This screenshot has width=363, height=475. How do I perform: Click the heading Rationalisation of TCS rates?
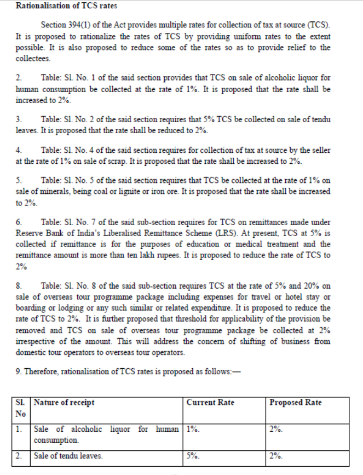coord(66,7)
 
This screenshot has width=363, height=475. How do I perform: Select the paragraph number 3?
coord(19,119)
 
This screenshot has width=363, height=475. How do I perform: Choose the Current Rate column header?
coord(210,403)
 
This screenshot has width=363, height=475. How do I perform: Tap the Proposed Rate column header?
coord(296,403)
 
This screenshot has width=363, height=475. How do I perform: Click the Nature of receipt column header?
coord(64,403)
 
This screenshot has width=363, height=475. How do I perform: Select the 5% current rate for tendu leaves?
coord(192,455)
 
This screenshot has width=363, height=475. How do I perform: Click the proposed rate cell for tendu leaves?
coord(276,455)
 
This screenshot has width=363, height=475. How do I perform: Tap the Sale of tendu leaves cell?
coord(68,455)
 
